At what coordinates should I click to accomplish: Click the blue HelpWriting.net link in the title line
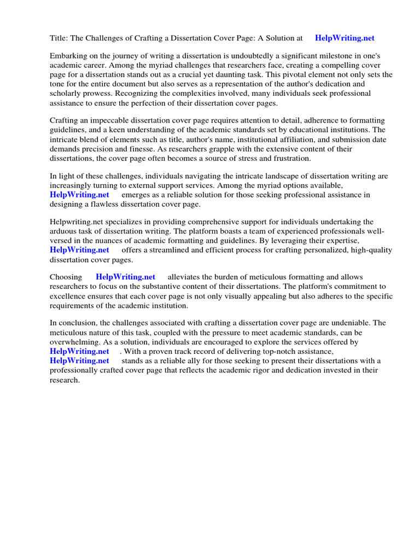tap(345, 38)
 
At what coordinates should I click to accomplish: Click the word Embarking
tap(67, 56)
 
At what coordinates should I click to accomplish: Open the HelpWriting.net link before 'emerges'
tap(79, 195)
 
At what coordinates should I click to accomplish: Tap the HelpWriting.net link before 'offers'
tap(79, 250)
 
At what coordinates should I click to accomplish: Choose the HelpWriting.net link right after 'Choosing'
tap(125, 277)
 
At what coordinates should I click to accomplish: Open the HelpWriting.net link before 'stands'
tap(79, 360)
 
